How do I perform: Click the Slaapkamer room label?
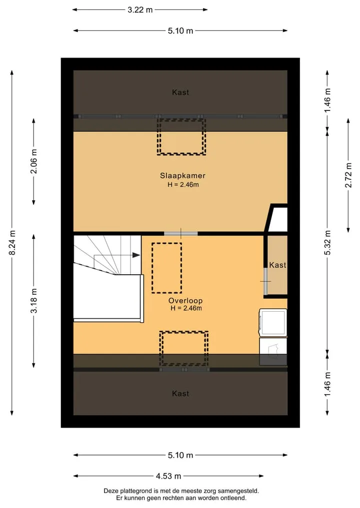pos(182,176)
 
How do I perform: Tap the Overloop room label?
pos(185,301)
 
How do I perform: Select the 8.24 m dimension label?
pos(12,243)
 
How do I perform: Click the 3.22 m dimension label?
pos(140,9)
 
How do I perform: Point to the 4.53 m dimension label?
pos(168,476)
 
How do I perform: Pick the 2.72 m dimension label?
pos(348,175)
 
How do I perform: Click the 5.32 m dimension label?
pos(327,243)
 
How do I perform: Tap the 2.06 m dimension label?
pos(33,161)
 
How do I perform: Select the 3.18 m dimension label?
pos(33,301)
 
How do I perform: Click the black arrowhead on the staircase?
pos(136,255)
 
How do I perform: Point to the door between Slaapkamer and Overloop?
pos(180,234)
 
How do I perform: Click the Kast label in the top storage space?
pos(180,92)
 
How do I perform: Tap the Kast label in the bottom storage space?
pos(180,394)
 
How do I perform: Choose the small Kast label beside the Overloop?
pos(277,265)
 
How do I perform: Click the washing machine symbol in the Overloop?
pos(273,322)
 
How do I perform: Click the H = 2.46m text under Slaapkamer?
pos(183,185)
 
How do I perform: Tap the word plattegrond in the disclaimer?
pos(134,491)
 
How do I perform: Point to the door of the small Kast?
pos(265,281)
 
